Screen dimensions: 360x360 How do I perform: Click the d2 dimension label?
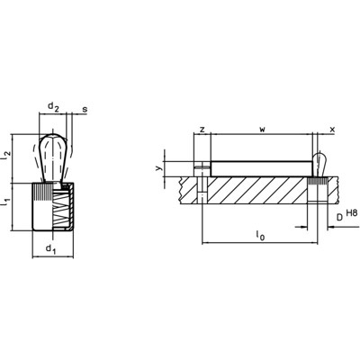click(54, 106)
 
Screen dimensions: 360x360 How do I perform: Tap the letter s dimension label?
click(85, 109)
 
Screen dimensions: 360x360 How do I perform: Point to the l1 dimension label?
click(6, 202)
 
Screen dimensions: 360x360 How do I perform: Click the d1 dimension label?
click(50, 248)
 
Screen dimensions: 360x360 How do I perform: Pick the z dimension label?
click(202, 130)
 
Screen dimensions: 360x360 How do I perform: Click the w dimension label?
click(262, 130)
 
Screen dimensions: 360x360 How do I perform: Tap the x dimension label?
click(332, 130)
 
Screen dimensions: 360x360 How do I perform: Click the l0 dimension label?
click(260, 235)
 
